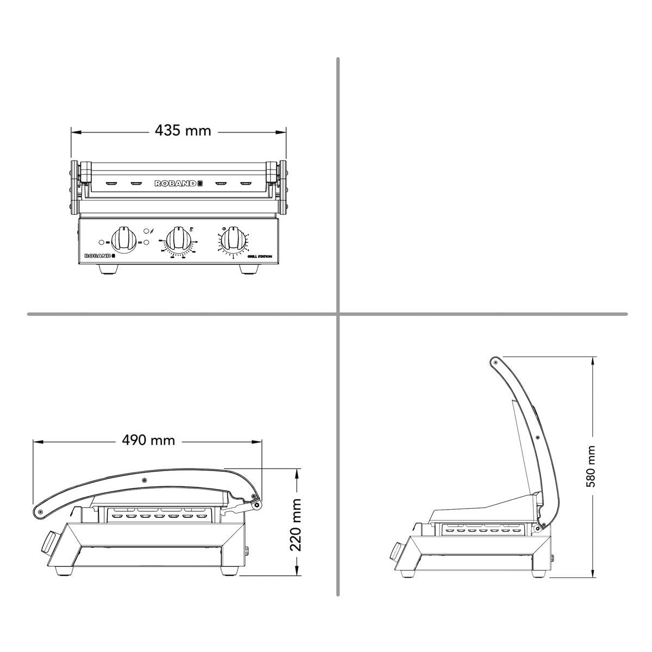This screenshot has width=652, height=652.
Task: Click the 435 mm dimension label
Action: [x=183, y=131]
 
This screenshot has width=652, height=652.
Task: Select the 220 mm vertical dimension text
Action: [x=296, y=524]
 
